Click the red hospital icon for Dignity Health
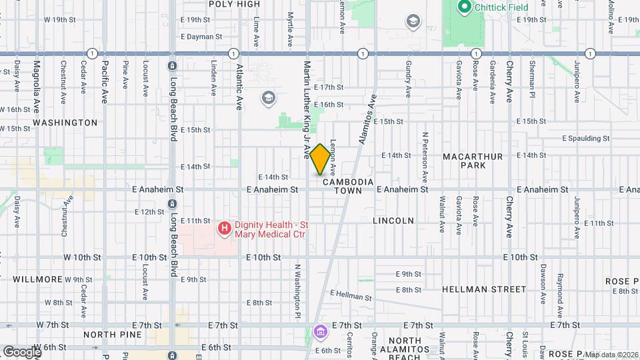tap(225, 229)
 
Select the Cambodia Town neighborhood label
tap(343, 186)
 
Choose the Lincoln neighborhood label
tap(393, 221)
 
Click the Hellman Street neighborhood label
tap(484, 289)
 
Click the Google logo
tap(22, 351)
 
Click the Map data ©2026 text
tap(611, 355)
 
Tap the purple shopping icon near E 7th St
tap(320, 331)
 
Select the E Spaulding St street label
tap(586, 139)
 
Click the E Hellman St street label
tap(351, 295)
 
